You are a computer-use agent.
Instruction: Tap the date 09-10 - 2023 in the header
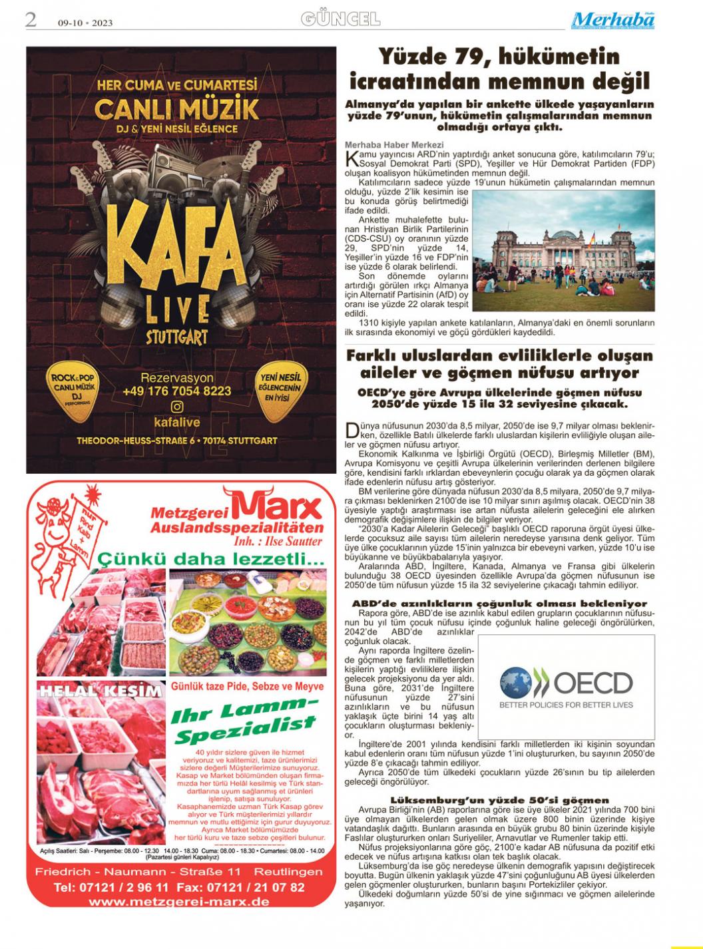[x=85, y=23]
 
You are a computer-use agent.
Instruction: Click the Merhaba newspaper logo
[x=612, y=21]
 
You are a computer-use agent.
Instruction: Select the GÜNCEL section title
[x=340, y=19]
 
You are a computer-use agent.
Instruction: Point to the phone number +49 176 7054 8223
[x=177, y=391]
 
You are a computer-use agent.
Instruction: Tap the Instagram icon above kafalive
[x=177, y=407]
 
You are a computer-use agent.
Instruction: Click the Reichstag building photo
[x=563, y=252]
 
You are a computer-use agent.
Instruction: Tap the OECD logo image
[x=566, y=686]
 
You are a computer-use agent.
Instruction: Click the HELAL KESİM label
[x=100, y=690]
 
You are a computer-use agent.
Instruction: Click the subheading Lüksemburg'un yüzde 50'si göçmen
[x=499, y=799]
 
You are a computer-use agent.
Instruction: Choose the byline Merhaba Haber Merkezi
[x=394, y=144]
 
